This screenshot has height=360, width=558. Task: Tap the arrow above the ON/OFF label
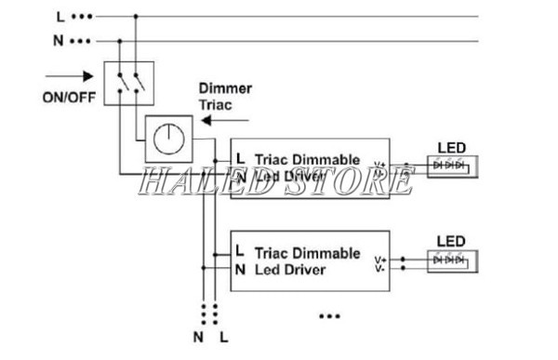(x=69, y=77)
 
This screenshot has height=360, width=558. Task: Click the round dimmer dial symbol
(x=168, y=140)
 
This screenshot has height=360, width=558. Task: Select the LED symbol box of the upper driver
(x=449, y=166)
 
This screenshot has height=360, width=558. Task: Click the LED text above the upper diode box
(x=451, y=147)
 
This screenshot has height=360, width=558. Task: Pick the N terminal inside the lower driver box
(x=239, y=270)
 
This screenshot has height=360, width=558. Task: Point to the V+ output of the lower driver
(x=380, y=260)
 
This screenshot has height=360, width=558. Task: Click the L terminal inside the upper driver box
(x=240, y=158)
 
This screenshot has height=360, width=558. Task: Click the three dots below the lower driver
(x=329, y=316)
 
